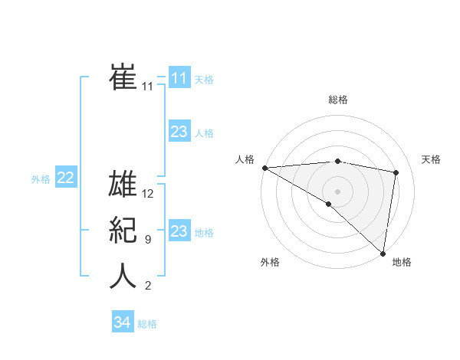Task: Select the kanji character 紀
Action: point(123,230)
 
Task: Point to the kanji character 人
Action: point(123,276)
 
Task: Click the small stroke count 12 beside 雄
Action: point(149,194)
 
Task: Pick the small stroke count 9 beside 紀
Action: point(147,240)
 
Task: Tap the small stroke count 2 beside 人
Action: point(147,286)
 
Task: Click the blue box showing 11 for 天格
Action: point(179,78)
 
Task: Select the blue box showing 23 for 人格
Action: point(179,132)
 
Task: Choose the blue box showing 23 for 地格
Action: point(179,231)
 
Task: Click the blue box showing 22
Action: point(66,178)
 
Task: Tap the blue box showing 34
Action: point(123,322)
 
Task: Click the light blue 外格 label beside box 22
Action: point(41,179)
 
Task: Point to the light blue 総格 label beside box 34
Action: point(147,324)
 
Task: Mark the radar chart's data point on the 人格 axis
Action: point(264,168)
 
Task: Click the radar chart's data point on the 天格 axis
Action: point(396,172)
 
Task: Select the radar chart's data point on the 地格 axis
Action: point(382,253)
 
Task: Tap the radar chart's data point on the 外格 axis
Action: point(328,204)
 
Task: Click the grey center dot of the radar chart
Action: point(337,191)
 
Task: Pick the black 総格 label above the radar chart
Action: point(337,100)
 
